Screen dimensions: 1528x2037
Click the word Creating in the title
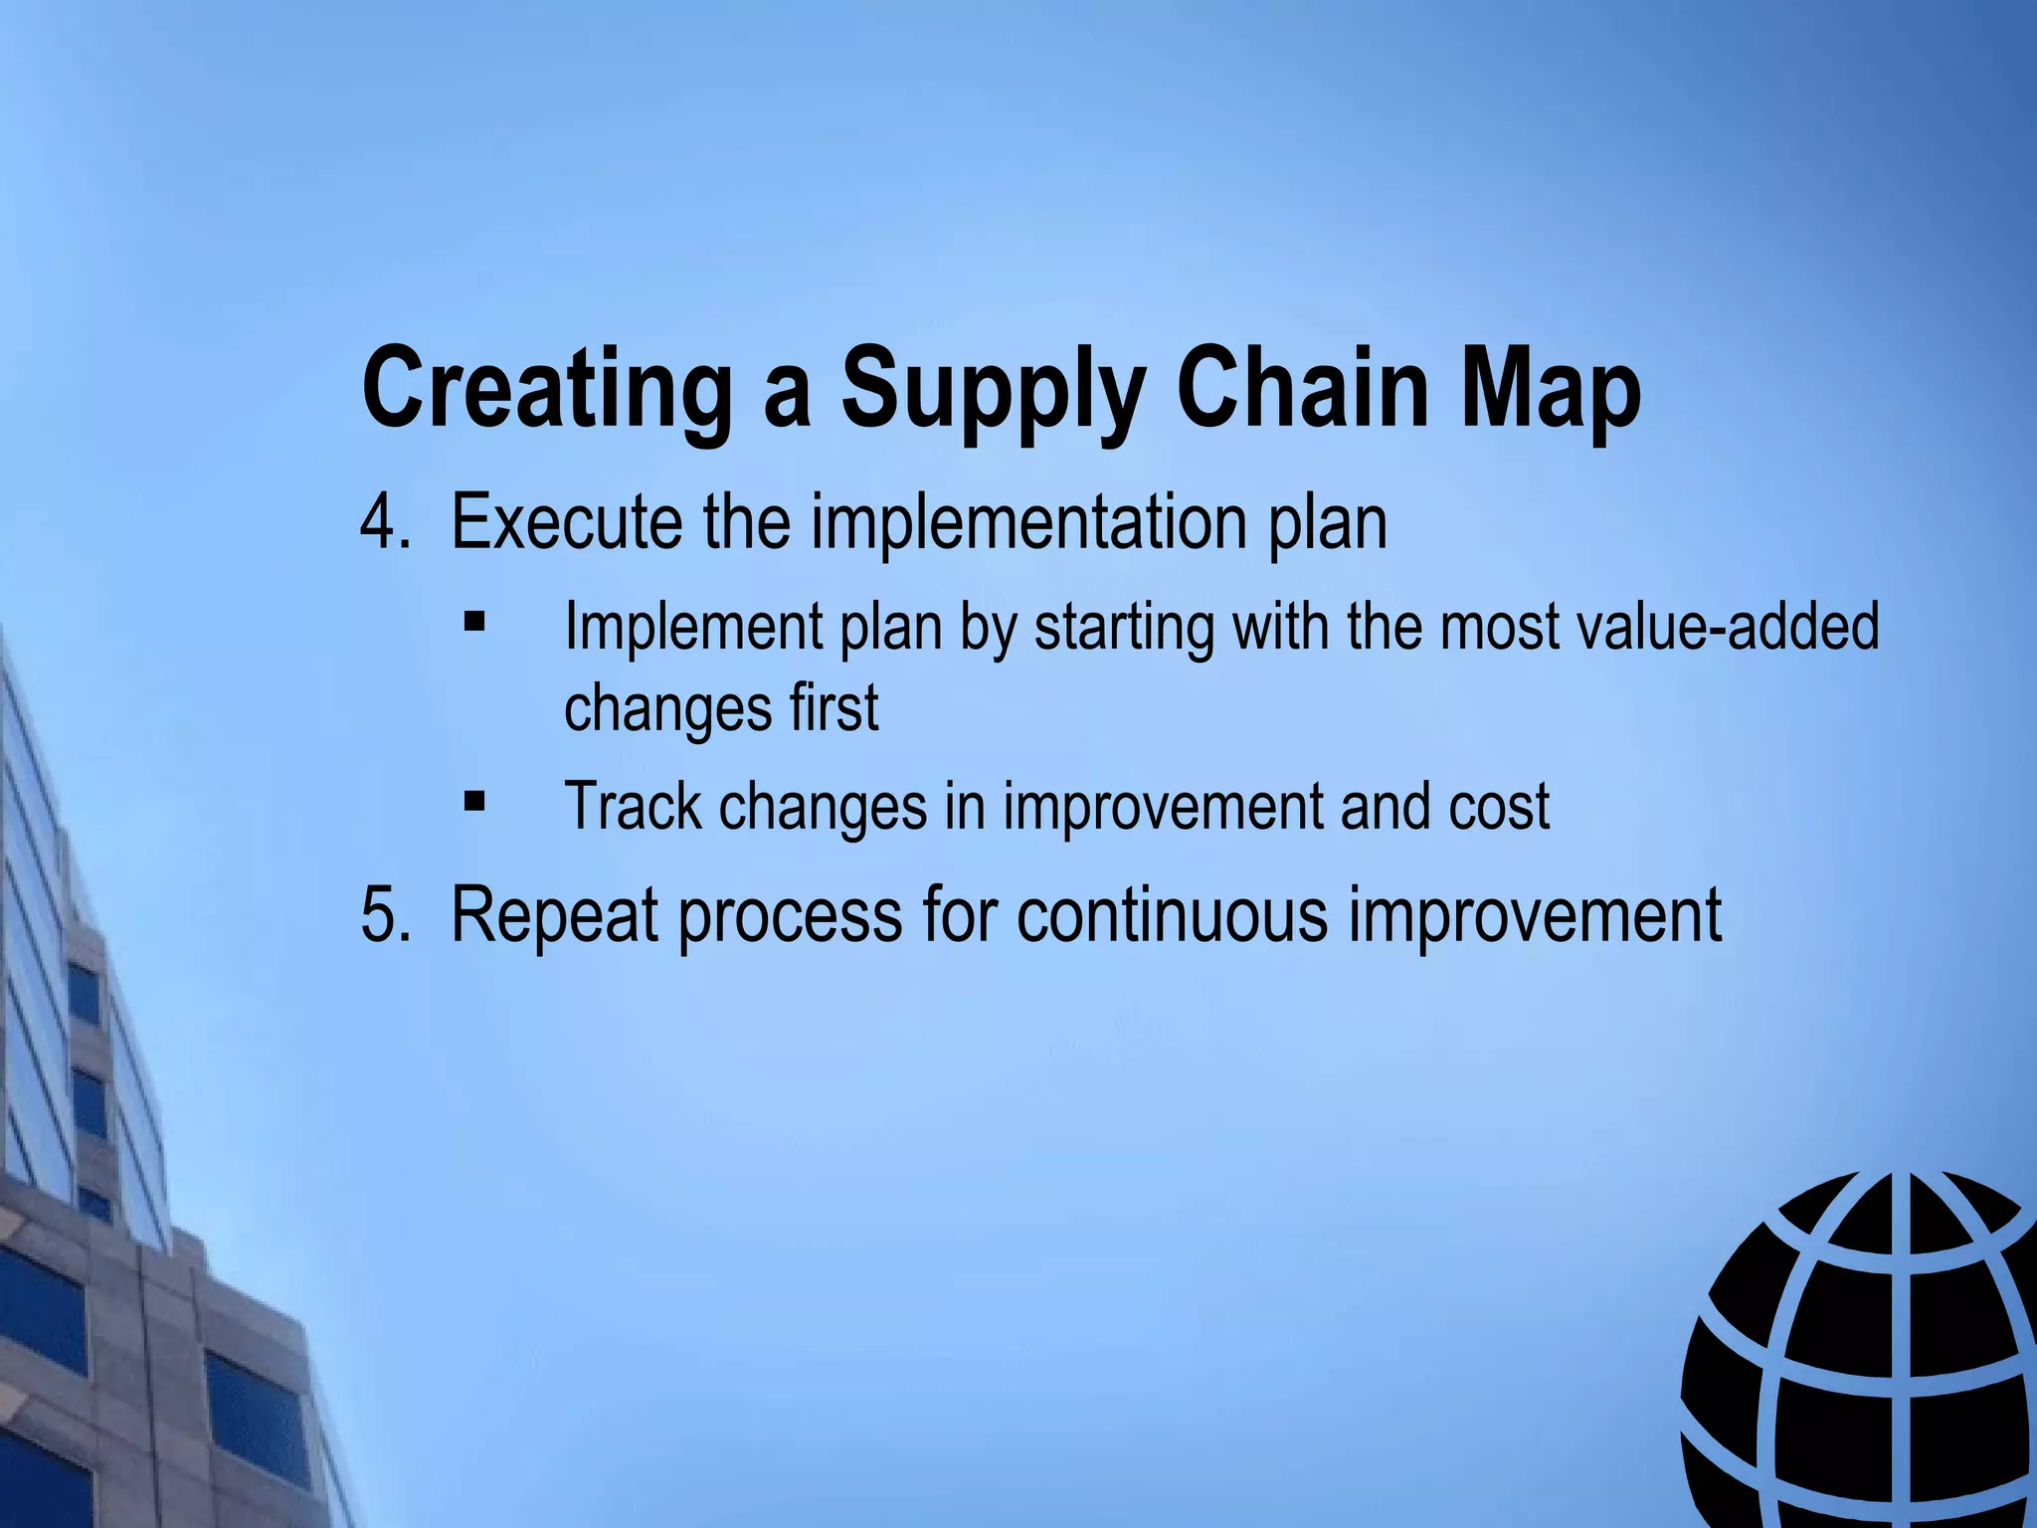pos(546,387)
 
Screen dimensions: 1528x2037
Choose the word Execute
pos(566,521)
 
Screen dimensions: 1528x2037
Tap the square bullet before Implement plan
pos(474,624)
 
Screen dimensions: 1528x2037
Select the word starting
pos(1124,628)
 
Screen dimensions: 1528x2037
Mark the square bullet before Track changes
pos(474,801)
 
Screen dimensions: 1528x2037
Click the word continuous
pos(1171,913)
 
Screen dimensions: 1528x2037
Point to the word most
pos(1499,627)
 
